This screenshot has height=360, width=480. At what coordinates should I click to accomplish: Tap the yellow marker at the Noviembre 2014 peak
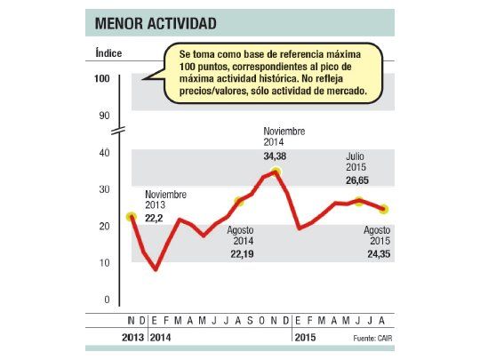point(276,172)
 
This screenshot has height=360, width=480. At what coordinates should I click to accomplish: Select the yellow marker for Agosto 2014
point(238,202)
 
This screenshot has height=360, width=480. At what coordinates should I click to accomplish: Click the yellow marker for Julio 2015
point(359,202)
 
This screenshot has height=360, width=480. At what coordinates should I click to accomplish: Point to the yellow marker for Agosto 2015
point(383,210)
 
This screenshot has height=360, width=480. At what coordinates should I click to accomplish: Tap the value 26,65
point(357,180)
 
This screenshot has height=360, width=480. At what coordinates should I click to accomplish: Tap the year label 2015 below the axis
point(307,338)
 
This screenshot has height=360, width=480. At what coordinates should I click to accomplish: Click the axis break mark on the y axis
point(122,133)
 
